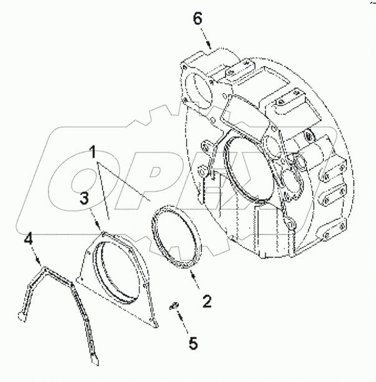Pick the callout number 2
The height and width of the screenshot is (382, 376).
tap(207, 302)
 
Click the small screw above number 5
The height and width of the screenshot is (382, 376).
tap(175, 305)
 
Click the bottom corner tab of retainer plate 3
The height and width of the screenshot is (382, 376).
tap(155, 322)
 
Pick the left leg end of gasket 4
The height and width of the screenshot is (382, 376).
tap(22, 317)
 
